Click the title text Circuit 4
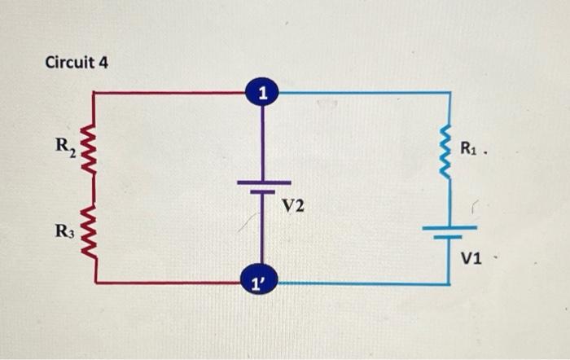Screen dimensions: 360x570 [x=77, y=62]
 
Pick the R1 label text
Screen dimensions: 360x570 [x=470, y=147]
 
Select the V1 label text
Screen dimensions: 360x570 [x=472, y=259]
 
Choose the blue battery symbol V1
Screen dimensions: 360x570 [x=449, y=233]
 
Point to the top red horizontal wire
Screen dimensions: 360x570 [x=171, y=93]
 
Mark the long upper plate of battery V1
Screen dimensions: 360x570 [x=449, y=229]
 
